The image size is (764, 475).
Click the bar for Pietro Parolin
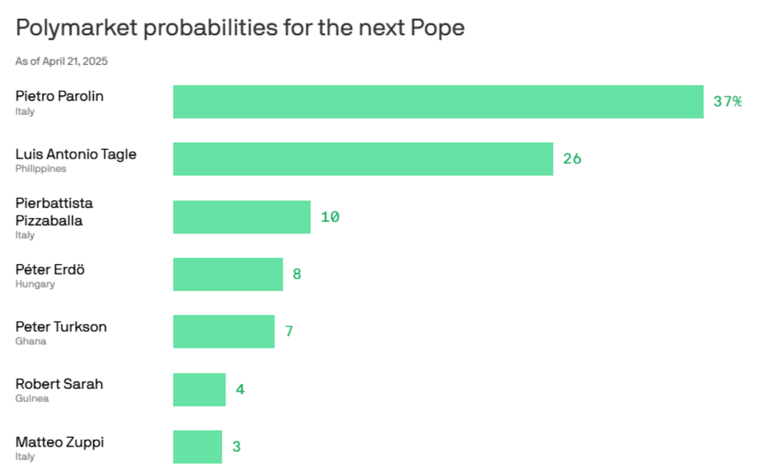pyautogui.click(x=438, y=102)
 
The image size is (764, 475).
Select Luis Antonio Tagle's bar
pyautogui.click(x=363, y=159)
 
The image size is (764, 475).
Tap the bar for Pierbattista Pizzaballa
pyautogui.click(x=242, y=217)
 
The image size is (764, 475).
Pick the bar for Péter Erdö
pyautogui.click(x=228, y=274)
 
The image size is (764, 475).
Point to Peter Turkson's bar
pyautogui.click(x=223, y=332)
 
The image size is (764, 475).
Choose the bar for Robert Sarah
pyautogui.click(x=199, y=390)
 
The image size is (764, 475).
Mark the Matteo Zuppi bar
pyautogui.click(x=197, y=447)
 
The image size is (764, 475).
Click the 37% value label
pyautogui.click(x=727, y=102)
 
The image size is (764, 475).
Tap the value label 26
pyautogui.click(x=572, y=159)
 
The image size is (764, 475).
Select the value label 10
pyautogui.click(x=330, y=217)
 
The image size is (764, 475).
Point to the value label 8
pyautogui.click(x=297, y=274)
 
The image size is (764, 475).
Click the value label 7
pyautogui.click(x=288, y=332)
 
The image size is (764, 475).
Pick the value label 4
pyautogui.click(x=240, y=390)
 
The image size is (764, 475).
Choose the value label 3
pyautogui.click(x=236, y=447)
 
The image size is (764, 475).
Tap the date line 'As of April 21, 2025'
pyautogui.click(x=61, y=62)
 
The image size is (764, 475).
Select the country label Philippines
pyautogui.click(x=41, y=169)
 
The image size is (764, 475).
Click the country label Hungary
pyautogui.click(x=35, y=284)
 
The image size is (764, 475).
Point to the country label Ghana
pyautogui.click(x=31, y=341)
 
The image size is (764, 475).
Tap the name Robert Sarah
pyautogui.click(x=59, y=384)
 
